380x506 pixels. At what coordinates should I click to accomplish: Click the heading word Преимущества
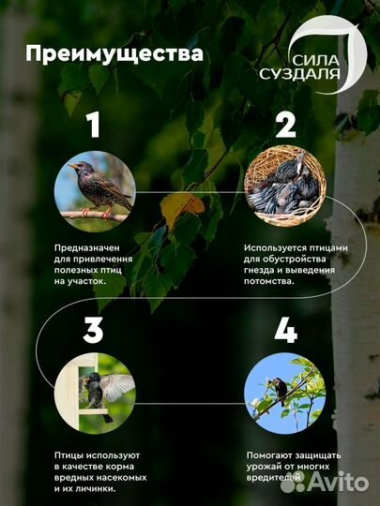114,53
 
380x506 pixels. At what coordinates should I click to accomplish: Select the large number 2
284,125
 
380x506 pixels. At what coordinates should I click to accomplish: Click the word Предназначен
84,248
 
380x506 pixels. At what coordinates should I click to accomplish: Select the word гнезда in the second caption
260,271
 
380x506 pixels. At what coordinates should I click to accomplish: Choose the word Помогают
266,454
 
